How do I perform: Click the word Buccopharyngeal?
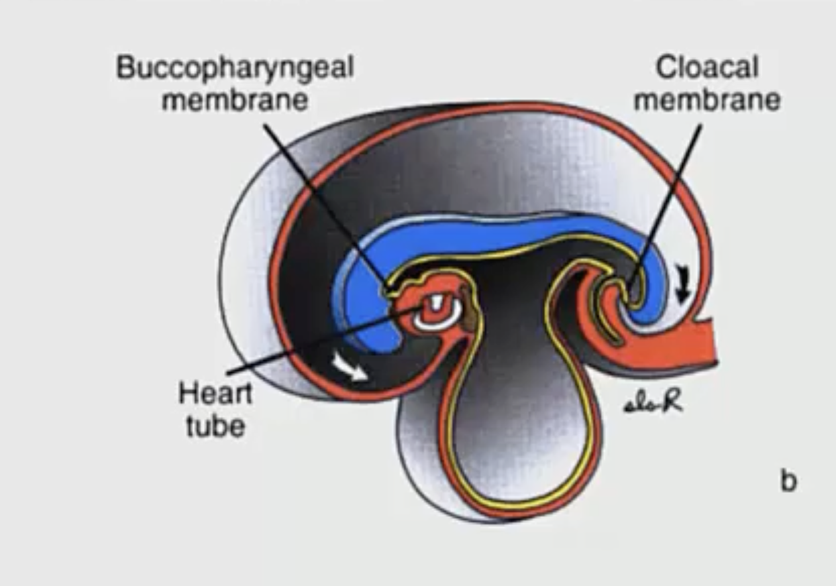point(234,69)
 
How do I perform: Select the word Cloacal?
point(707,68)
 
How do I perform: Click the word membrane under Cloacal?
point(707,101)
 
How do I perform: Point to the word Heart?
point(215,394)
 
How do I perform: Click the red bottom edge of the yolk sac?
point(517,512)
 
